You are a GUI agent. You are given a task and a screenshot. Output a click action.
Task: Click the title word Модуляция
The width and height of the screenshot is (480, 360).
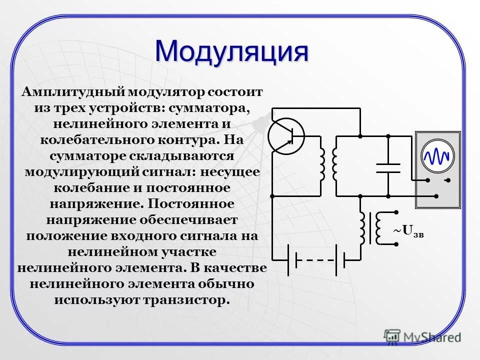[x=231, y=51]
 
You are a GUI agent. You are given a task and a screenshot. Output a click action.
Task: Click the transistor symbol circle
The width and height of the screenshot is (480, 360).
[x=286, y=135]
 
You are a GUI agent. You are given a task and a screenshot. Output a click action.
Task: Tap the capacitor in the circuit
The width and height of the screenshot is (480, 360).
[x=388, y=167]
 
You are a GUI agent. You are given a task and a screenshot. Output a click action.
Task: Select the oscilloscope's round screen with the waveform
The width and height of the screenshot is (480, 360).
[x=438, y=156]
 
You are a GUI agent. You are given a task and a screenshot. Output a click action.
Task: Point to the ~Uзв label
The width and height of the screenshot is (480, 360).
[x=407, y=231]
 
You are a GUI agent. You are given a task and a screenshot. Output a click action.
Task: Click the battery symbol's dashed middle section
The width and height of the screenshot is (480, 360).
[x=316, y=260]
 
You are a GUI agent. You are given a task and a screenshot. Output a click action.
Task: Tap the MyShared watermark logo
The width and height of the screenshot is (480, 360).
[x=422, y=337]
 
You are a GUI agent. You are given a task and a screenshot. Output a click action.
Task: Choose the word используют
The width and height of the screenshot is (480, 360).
[x=95, y=300]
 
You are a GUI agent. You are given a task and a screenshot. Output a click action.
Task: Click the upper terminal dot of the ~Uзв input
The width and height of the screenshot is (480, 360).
[x=396, y=212]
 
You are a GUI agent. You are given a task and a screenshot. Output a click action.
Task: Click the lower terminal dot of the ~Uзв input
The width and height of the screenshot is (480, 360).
[x=396, y=244]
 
